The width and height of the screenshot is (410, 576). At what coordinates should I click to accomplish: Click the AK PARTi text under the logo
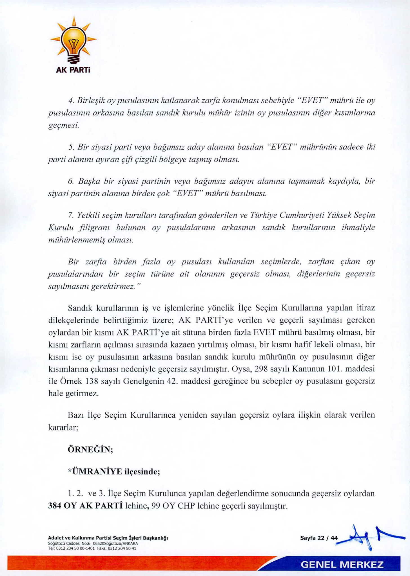(x=73, y=70)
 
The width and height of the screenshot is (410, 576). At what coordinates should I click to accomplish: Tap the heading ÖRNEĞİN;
(x=90, y=449)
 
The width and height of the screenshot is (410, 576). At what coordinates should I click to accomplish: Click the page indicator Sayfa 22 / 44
(x=319, y=538)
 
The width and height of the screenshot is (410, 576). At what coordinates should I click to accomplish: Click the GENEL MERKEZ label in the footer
(x=342, y=564)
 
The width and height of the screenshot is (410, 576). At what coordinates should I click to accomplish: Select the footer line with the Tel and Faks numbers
(x=92, y=548)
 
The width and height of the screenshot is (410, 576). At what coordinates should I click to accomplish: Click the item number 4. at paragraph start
(x=71, y=100)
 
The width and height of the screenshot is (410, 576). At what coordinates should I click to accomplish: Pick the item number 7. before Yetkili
(x=70, y=215)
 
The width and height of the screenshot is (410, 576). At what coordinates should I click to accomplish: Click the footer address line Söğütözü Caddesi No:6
(x=93, y=543)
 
